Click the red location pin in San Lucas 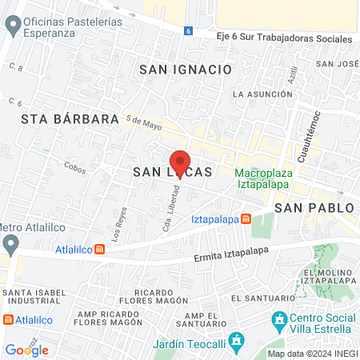tap(181, 162)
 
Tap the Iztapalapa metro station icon tap(246, 218)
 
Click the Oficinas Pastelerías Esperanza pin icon tap(12, 27)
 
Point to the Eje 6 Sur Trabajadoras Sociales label tap(272, 38)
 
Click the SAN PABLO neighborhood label tap(314, 207)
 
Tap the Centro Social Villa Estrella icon tap(279, 322)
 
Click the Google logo tap(26, 350)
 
